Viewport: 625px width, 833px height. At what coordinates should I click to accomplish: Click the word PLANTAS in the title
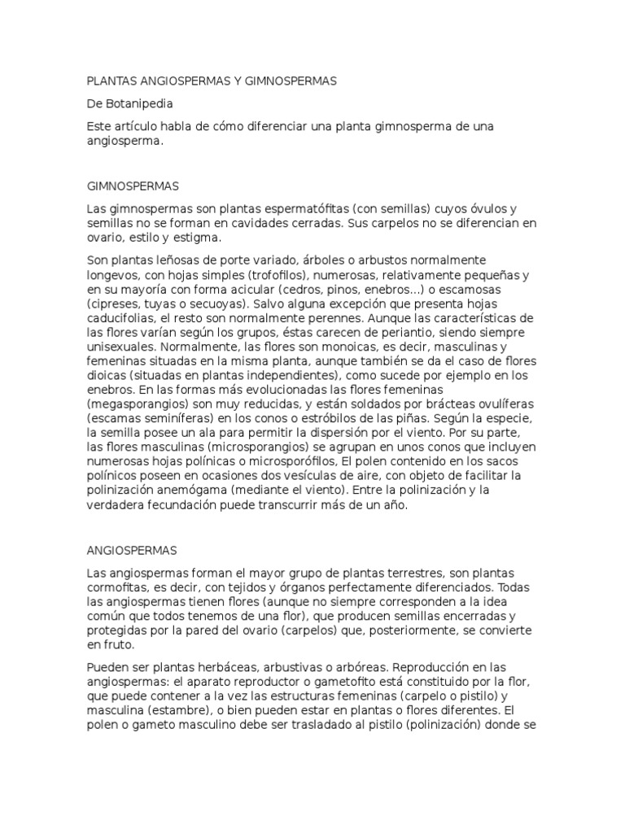coord(112,81)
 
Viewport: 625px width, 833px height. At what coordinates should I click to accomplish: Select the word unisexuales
coord(120,348)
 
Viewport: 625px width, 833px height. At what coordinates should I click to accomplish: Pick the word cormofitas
coord(119,587)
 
